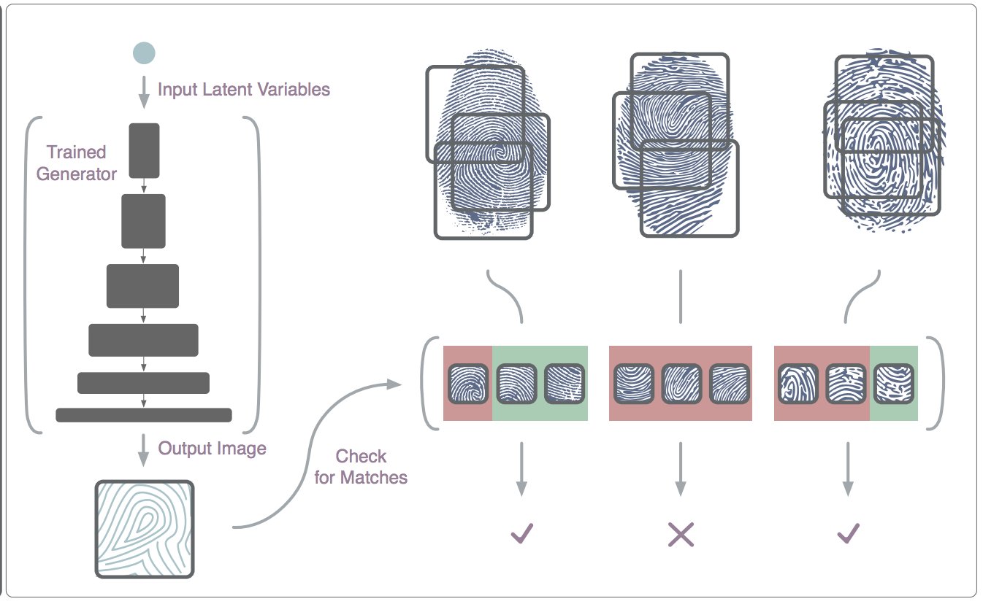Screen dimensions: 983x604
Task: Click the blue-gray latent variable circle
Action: click(144, 53)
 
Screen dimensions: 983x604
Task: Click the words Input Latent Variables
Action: click(243, 90)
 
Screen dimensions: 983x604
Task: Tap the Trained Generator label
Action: click(77, 163)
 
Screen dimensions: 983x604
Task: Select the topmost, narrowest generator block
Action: click(144, 150)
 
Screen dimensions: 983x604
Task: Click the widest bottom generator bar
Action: click(144, 415)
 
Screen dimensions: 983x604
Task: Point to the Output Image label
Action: click(212, 449)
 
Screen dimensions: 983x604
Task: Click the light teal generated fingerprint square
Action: click(145, 529)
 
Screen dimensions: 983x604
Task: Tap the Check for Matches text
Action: click(361, 467)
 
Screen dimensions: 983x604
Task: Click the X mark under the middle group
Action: click(681, 534)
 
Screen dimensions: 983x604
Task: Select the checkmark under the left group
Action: click(521, 533)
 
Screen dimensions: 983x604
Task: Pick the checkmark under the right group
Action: click(849, 533)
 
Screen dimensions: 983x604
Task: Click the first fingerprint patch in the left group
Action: click(468, 384)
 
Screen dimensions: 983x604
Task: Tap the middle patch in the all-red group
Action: click(681, 384)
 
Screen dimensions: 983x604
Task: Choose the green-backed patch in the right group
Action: click(894, 384)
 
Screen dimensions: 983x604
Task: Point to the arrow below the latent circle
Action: click(144, 93)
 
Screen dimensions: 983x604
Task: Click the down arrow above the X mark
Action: click(681, 469)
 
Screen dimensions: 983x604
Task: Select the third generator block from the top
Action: click(142, 286)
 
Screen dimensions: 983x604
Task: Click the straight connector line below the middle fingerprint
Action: click(681, 297)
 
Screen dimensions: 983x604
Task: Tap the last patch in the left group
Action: click(565, 384)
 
